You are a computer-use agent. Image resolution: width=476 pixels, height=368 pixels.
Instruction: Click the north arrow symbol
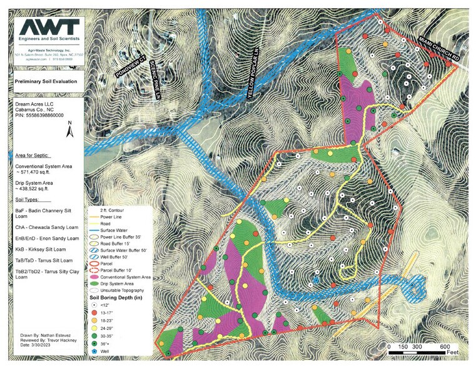point(71,130)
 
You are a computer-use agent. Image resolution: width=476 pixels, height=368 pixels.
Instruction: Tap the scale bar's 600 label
point(445,347)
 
